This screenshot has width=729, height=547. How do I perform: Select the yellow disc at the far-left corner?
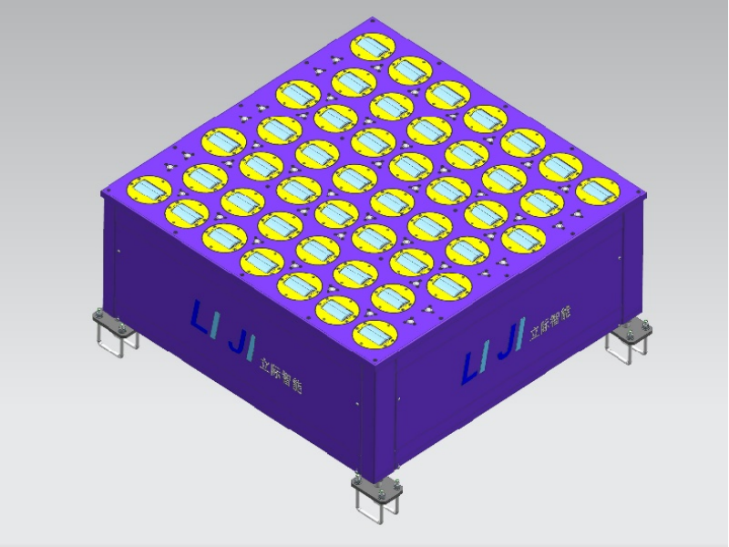tap(149, 190)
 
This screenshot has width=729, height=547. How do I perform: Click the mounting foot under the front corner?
tap(377, 497)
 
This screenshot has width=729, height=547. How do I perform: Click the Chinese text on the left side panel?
tap(281, 376)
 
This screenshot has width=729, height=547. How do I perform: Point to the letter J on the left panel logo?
tap(239, 342)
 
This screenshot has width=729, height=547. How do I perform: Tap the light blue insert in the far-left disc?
tap(149, 190)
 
